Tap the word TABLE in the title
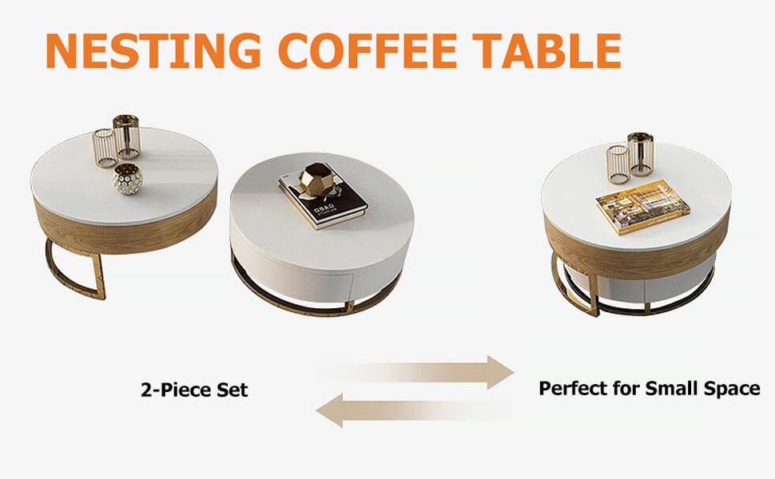click(x=546, y=51)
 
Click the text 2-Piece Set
click(x=194, y=390)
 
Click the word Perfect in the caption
click(x=574, y=388)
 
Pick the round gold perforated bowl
click(x=128, y=179)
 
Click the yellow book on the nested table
click(x=642, y=207)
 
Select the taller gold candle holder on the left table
click(x=126, y=137)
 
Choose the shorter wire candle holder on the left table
click(x=105, y=148)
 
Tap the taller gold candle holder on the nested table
click(x=641, y=155)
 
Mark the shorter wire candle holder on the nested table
click(x=618, y=164)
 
